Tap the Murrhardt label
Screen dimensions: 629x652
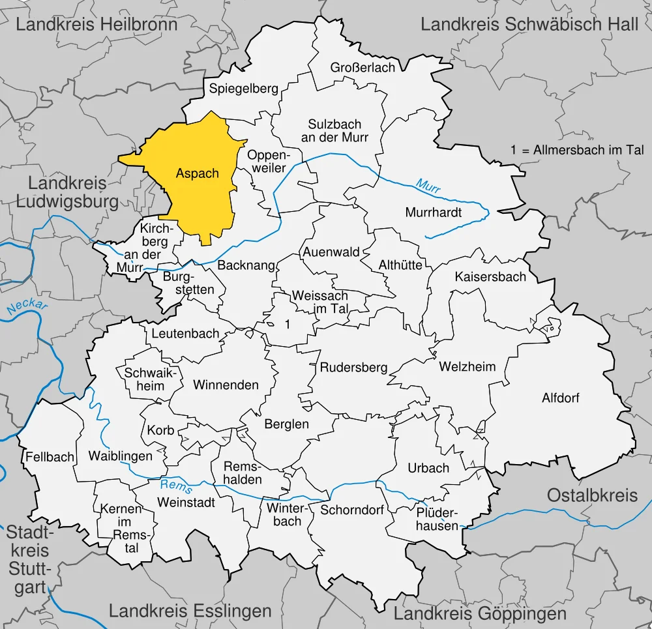coord(433,212)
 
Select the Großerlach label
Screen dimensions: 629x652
coord(363,68)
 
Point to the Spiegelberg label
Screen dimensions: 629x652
coord(243,89)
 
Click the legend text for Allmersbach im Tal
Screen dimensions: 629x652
coord(577,149)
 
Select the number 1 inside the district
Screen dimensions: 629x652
coord(287,323)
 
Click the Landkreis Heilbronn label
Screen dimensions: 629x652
coord(96,25)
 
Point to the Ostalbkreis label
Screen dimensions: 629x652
coord(592,495)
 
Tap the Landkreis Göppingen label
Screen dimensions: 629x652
coord(480,613)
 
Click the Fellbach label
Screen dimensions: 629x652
coord(50,457)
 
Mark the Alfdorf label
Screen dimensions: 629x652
coord(561,398)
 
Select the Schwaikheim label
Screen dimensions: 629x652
coord(145,379)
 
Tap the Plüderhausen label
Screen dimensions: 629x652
coord(437,519)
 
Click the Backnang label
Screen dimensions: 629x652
coord(243,266)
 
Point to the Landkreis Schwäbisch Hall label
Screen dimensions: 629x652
coord(529,25)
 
